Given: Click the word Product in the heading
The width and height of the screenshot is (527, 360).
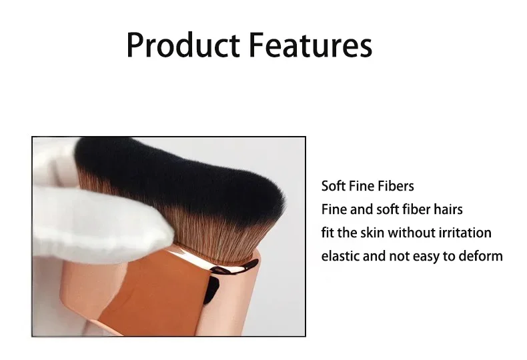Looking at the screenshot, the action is pyautogui.click(x=183, y=45).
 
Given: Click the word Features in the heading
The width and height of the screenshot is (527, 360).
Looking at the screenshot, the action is pyautogui.click(x=311, y=45).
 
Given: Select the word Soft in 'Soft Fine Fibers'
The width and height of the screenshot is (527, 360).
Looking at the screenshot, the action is pyautogui.click(x=334, y=186).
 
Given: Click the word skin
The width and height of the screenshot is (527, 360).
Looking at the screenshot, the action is pyautogui.click(x=372, y=233).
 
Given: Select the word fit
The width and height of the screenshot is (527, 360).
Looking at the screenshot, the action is pyautogui.click(x=328, y=233).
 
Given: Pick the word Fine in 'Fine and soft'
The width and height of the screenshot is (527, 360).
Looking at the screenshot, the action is pyautogui.click(x=334, y=209).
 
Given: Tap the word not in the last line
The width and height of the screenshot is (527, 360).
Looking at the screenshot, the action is pyautogui.click(x=399, y=256).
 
